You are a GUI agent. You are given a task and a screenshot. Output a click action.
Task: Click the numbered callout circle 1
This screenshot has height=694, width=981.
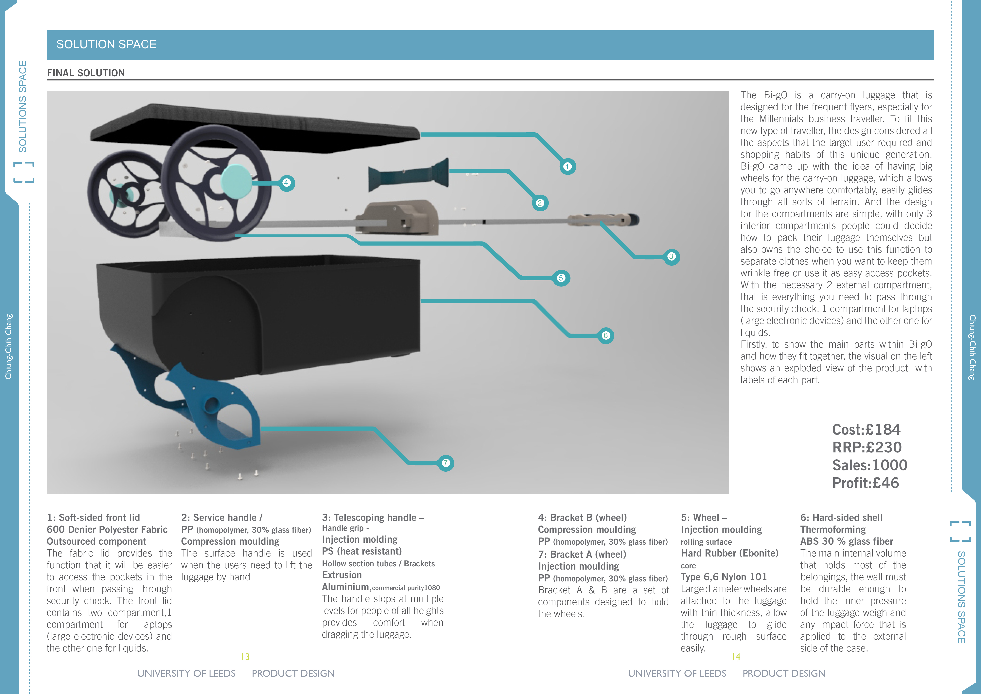567,166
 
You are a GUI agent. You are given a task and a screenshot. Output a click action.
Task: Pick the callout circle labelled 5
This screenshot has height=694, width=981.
561,278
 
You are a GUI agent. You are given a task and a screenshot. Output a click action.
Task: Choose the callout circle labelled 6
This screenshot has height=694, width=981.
605,336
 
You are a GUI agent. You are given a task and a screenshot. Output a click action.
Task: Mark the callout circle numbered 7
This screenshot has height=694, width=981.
446,463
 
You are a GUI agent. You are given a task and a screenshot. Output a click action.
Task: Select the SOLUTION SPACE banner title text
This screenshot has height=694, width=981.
106,45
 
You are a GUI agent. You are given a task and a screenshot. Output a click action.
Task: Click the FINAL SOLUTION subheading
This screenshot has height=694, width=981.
86,73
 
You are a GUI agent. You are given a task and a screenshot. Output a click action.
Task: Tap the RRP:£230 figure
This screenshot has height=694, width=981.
867,447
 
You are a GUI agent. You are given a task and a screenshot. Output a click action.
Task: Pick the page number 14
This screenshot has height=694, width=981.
736,657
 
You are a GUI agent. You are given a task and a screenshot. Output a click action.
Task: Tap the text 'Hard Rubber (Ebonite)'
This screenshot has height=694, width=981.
729,553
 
